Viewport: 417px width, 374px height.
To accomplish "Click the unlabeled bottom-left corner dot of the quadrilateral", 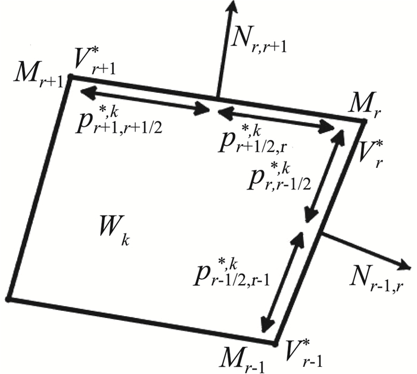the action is click(8, 297).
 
